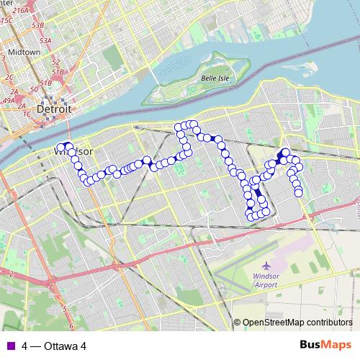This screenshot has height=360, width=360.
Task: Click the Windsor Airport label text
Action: [x=266, y=280]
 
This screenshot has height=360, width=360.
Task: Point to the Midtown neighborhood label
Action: [x=24, y=53]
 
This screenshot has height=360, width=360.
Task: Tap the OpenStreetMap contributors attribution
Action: [x=297, y=323]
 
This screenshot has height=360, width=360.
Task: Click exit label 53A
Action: [x=45, y=41]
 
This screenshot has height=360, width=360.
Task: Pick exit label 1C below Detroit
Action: [x=27, y=114]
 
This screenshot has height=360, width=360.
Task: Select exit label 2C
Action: [x=9, y=76]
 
